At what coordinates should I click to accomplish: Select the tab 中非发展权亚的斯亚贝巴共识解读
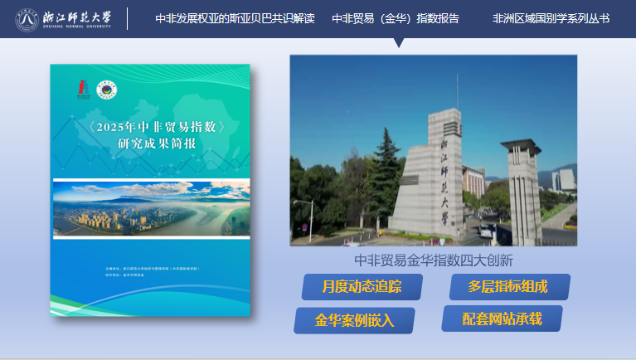pyautogui.click(x=235, y=18)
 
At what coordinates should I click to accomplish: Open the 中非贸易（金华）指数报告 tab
pyautogui.click(x=396, y=18)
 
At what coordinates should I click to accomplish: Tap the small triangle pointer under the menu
pyautogui.click(x=400, y=42)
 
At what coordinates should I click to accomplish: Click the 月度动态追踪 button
pyautogui.click(x=362, y=287)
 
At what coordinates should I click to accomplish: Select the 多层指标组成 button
pyautogui.click(x=508, y=287)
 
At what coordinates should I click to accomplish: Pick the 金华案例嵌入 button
pyautogui.click(x=354, y=319)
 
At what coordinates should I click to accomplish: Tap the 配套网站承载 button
pyautogui.click(x=502, y=319)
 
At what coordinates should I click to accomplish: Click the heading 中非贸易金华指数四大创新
pyautogui.click(x=434, y=260)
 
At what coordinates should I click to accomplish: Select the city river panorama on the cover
pyautogui.click(x=151, y=208)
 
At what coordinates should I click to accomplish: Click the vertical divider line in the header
pyautogui.click(x=127, y=18)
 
